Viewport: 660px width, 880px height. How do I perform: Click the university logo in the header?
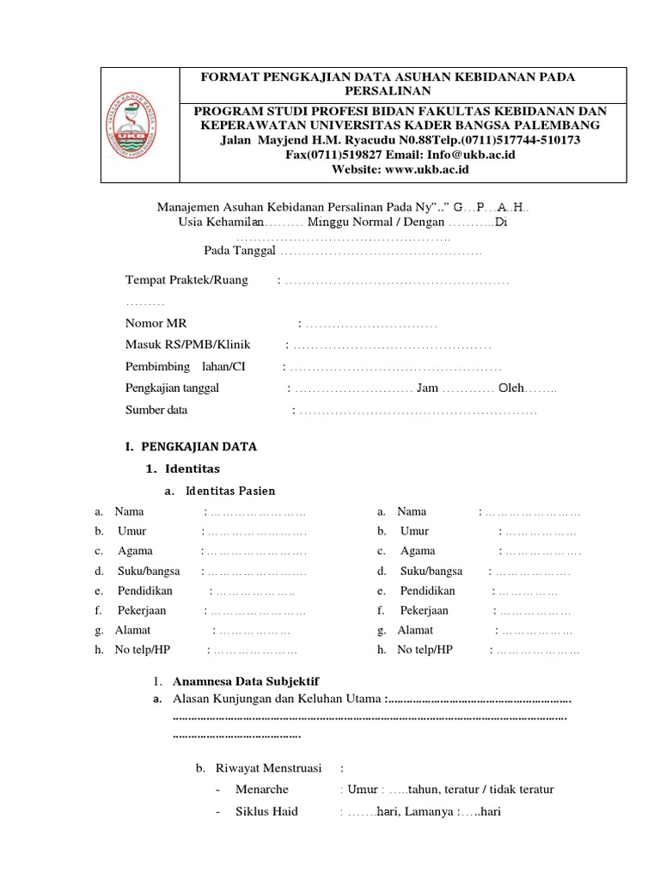[x=140, y=125]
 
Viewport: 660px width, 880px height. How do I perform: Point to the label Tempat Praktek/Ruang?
[x=186, y=280]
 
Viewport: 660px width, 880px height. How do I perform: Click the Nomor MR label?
[x=156, y=323]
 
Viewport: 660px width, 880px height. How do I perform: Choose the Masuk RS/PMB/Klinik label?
[x=187, y=345]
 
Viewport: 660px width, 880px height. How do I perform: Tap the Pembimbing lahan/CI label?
[x=185, y=367]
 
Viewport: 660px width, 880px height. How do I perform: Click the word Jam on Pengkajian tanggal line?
[x=427, y=388]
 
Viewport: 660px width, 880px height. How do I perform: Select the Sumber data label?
[x=156, y=410]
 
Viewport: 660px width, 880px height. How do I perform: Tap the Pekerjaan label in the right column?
[x=424, y=610]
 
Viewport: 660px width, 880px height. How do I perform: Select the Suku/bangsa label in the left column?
[x=148, y=571]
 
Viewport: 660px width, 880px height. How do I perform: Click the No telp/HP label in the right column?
[x=425, y=650]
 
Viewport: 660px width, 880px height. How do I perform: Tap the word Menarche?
[x=261, y=789]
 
